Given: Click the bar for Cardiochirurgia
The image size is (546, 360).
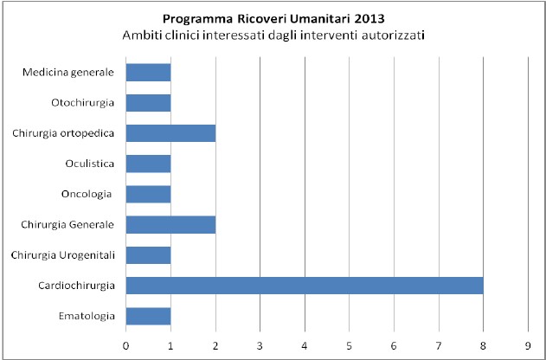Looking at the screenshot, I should (x=305, y=286).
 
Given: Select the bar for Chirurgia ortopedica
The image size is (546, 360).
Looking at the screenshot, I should (x=170, y=133).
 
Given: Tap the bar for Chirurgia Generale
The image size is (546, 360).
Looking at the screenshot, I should (x=170, y=225).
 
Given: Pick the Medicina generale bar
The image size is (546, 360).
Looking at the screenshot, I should (x=148, y=73).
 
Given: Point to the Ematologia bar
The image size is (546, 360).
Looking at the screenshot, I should (x=148, y=316).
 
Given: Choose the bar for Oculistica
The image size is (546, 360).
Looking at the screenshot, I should (x=148, y=164).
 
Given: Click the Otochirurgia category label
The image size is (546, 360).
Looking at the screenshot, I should (x=85, y=103).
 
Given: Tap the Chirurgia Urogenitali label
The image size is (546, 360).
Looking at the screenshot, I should (x=64, y=255).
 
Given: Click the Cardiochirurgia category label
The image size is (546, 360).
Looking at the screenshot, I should (x=76, y=286).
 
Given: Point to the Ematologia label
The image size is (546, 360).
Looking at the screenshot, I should (x=87, y=316).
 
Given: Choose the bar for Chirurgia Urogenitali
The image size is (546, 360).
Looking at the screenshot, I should (x=148, y=255).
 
